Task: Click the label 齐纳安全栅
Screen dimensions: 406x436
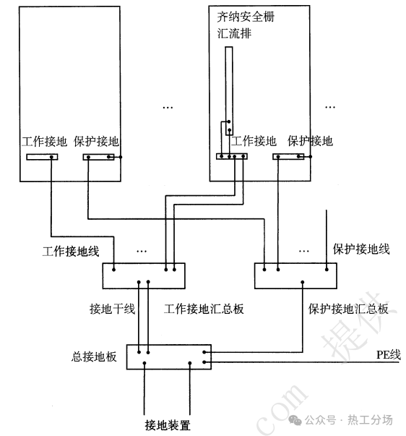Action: click(x=246, y=17)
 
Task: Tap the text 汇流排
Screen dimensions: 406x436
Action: click(x=234, y=33)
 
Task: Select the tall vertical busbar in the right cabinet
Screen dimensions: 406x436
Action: click(x=229, y=91)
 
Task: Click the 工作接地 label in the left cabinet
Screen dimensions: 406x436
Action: click(x=45, y=141)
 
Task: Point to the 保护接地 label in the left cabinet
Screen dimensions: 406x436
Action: click(x=96, y=141)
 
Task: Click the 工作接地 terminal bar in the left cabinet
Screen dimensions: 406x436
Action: click(x=42, y=157)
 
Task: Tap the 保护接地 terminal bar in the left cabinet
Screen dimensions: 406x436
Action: click(x=99, y=157)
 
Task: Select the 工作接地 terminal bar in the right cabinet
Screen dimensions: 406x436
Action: click(x=232, y=156)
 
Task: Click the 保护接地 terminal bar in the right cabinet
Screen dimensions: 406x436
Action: click(x=288, y=157)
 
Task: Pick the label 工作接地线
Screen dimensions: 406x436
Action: click(x=71, y=252)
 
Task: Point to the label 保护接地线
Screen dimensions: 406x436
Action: click(x=361, y=249)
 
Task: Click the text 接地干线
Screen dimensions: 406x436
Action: click(x=112, y=309)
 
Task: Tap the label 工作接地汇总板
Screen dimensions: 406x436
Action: click(x=204, y=309)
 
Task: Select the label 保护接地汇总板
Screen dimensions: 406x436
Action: click(x=348, y=309)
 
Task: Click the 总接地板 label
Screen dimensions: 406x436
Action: click(x=94, y=356)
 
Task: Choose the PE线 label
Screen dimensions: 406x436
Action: click(x=389, y=355)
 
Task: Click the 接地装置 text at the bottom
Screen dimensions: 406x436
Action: click(x=168, y=425)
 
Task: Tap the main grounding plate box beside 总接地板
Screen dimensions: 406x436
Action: click(x=169, y=357)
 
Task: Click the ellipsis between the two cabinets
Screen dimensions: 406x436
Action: click(x=168, y=107)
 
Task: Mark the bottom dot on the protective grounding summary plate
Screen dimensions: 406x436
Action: click(x=303, y=282)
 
